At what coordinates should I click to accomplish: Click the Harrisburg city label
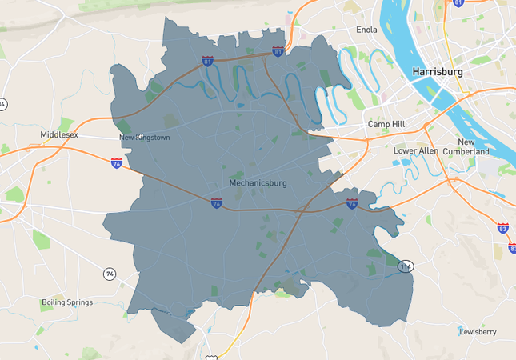pos(438,72)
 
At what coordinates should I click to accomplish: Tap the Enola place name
pos(366,30)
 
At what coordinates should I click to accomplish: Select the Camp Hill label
pos(387,125)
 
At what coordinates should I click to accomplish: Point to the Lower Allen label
pos(416,150)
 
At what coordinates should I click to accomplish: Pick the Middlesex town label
pos(59,134)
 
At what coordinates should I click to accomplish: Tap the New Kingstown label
pos(144,138)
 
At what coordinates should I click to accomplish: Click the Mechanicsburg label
pos(258,183)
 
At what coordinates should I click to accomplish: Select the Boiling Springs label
pos(66,302)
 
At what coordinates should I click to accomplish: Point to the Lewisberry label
pos(479,330)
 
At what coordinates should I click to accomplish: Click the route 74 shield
pos(109,274)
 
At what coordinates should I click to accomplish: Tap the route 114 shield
pos(406,266)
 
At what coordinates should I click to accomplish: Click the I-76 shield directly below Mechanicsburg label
pos(217,203)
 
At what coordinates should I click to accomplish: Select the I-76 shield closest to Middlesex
pos(117,163)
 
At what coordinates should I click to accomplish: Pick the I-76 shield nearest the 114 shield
pos(352,204)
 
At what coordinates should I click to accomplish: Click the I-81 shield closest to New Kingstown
pos(208,60)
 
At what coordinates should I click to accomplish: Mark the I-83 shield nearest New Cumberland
pos(502,229)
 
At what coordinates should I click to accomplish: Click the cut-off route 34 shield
pos(3,104)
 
